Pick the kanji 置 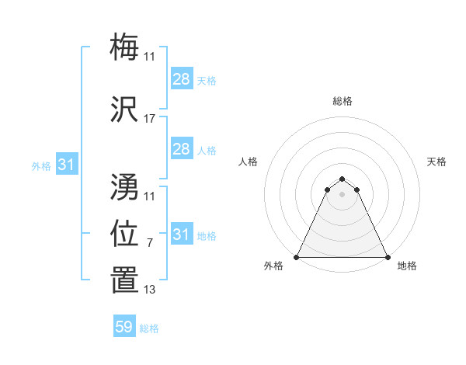tap(125, 280)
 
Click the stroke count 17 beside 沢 tap(150, 119)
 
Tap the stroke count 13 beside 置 tap(150, 290)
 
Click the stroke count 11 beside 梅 tap(150, 57)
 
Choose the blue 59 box tap(124, 327)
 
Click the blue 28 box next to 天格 tap(181, 78)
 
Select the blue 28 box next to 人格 tap(181, 149)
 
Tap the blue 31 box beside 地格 tap(181, 235)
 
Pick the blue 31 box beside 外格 tap(66, 165)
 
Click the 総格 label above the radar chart tap(342, 101)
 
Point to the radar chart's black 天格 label tap(436, 162)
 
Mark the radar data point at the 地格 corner tap(388, 257)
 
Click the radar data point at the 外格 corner tap(296, 257)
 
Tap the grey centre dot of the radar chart tap(342, 194)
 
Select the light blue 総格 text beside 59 tap(149, 328)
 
